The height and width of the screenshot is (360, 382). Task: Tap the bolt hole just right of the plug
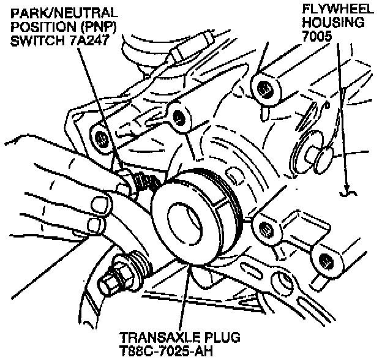tap(266, 228)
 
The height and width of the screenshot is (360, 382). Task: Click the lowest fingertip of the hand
tap(95, 225)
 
